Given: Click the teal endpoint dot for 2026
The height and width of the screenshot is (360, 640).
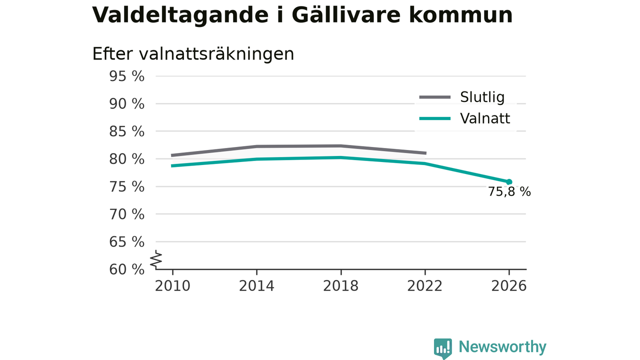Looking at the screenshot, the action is [509, 182].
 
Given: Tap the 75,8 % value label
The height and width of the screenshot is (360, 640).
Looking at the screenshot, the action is [509, 191].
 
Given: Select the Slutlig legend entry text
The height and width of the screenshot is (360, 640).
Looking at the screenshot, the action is [482, 97].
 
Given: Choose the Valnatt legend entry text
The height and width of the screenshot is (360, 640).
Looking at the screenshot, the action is [485, 118].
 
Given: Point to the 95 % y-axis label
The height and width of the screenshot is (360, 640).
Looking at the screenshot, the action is [126, 76].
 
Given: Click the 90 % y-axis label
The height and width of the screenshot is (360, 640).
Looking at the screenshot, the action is [126, 104].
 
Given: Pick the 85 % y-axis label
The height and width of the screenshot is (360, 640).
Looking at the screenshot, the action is [126, 131].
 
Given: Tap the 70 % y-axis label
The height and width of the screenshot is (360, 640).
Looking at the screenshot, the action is [126, 214].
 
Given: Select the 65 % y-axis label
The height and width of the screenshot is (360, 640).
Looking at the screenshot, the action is [126, 242].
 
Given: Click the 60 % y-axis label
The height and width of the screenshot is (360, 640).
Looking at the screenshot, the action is [126, 269].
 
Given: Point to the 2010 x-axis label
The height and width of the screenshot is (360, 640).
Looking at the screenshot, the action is [172, 286].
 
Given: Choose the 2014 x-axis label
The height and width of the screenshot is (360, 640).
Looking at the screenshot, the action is [256, 286].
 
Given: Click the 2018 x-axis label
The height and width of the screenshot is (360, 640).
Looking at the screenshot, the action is [340, 286].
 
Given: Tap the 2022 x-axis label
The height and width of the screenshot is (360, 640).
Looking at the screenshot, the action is [424, 286].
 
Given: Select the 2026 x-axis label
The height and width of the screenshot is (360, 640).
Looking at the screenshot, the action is [509, 286].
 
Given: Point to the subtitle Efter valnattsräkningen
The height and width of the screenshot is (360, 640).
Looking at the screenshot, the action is [193, 54].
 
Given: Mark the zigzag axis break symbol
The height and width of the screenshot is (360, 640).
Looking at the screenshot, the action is [156, 259].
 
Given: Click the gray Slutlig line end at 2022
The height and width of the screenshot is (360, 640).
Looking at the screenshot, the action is [425, 153].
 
